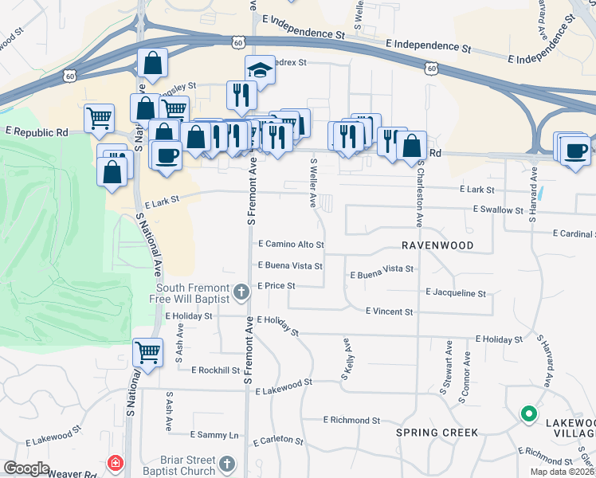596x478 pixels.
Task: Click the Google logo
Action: [26, 468]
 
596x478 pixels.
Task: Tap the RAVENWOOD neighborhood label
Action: [437, 245]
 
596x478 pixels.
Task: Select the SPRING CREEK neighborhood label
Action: [437, 433]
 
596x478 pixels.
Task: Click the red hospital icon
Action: [116, 463]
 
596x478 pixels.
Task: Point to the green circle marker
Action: [527, 413]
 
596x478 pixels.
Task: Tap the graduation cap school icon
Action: [260, 71]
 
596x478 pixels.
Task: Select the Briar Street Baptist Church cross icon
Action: [227, 463]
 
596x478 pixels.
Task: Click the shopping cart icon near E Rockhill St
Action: [148, 351]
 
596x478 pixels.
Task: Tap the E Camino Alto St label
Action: [291, 245]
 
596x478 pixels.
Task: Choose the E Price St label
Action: [276, 286]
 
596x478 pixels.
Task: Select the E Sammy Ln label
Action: [214, 435]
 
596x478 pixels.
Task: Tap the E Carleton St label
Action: [277, 440]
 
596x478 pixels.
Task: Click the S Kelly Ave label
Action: [347, 359]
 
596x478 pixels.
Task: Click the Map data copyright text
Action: [562, 472]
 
